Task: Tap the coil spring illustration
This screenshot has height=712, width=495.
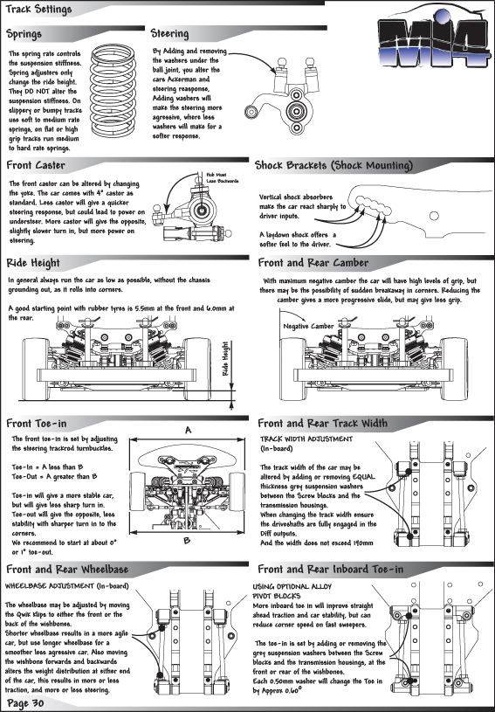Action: (113, 91)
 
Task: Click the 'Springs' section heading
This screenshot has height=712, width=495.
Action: (24, 34)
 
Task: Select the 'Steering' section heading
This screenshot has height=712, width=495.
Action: (169, 33)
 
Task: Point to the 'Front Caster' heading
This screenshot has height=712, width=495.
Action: (36, 165)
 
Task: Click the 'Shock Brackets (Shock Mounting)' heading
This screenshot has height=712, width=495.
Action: (334, 165)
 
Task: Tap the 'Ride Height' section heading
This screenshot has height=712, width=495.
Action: (33, 263)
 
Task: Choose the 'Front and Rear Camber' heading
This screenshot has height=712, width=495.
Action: (313, 262)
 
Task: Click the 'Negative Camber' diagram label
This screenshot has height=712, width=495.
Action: (308, 326)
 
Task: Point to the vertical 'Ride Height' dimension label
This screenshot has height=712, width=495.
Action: (225, 359)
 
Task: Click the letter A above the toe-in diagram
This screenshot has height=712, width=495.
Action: (188, 430)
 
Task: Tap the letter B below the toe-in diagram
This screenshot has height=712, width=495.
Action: (187, 541)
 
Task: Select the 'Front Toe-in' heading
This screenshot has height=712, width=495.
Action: (37, 423)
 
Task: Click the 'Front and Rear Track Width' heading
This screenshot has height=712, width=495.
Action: (323, 423)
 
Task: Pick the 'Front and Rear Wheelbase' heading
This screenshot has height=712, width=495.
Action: (67, 569)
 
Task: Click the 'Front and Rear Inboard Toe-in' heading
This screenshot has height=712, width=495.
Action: (330, 569)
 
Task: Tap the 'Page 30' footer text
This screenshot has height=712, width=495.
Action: (26, 703)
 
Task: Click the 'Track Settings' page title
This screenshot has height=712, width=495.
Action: (38, 9)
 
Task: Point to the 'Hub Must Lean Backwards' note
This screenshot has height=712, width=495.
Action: (223, 177)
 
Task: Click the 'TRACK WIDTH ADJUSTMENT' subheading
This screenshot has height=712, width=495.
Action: (306, 439)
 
